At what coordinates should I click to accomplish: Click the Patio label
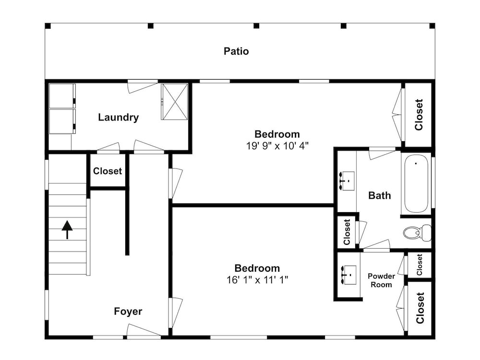point(236,51)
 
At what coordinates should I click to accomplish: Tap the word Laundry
point(118,117)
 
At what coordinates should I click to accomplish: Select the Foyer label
point(128,312)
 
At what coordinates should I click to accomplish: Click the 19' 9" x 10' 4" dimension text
point(277,146)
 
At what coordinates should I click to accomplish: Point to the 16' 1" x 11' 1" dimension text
point(257,280)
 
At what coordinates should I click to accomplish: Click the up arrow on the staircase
point(67,229)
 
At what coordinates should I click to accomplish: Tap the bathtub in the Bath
point(416,184)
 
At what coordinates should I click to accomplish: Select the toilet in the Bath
point(417,233)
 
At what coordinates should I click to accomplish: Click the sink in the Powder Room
point(348,275)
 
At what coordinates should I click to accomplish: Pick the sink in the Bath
point(347,181)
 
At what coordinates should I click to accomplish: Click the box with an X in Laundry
point(175,102)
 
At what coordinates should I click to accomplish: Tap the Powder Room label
point(381,280)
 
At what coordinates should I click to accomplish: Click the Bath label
point(380,196)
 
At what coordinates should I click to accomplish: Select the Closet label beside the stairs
point(108,171)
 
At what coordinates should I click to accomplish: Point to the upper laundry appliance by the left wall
point(62,96)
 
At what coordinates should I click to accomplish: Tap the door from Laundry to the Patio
point(143,86)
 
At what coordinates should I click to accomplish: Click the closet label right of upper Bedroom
point(419,115)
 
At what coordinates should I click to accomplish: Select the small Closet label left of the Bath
point(347,232)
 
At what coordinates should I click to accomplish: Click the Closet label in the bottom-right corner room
point(420,308)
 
